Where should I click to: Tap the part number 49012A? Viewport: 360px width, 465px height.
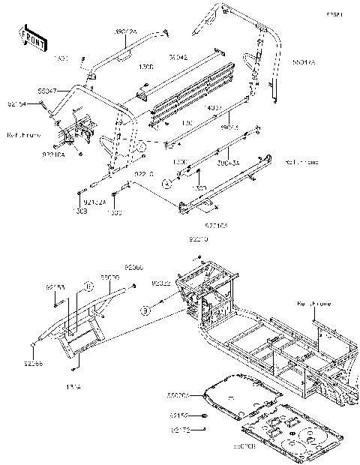pos(125,32)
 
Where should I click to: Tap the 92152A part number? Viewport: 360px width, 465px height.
pos(93,202)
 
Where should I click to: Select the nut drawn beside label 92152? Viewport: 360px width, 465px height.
pos(204,415)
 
